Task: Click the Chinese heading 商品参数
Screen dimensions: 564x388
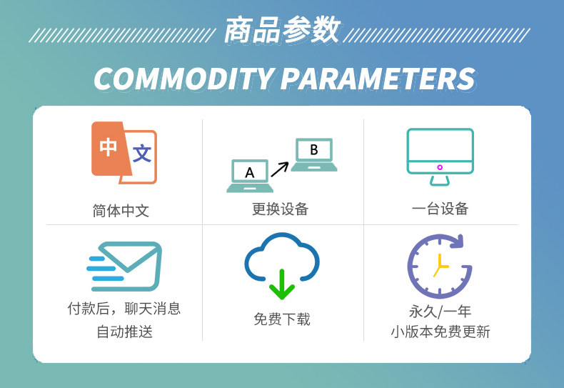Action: [283, 30]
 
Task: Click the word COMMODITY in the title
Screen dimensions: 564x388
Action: [183, 79]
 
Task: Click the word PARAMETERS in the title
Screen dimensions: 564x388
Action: [378, 79]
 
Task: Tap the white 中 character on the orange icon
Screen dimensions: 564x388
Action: [108, 147]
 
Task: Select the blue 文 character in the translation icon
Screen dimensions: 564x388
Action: [142, 154]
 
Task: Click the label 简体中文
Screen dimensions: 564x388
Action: [121, 211]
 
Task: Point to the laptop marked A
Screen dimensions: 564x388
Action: [250, 176]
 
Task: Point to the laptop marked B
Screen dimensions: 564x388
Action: [314, 154]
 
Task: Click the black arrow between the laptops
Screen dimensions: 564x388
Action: [279, 169]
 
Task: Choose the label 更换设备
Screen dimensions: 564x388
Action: [280, 209]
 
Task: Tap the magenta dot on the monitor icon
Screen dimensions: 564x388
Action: [440, 167]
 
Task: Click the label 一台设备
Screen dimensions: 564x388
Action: [440, 209]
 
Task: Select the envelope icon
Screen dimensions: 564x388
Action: [124, 267]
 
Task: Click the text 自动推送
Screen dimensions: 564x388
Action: [124, 332]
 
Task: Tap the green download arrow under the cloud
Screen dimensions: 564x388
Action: [282, 284]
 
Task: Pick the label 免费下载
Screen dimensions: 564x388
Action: [281, 319]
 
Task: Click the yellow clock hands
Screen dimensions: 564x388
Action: [440, 266]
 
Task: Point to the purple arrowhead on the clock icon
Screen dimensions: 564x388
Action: [457, 242]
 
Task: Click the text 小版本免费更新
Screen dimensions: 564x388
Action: [440, 332]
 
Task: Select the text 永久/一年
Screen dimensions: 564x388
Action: [440, 312]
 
